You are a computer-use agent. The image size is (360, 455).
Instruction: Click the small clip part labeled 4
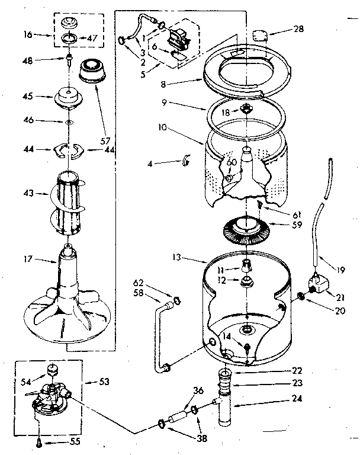[x=185, y=159]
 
